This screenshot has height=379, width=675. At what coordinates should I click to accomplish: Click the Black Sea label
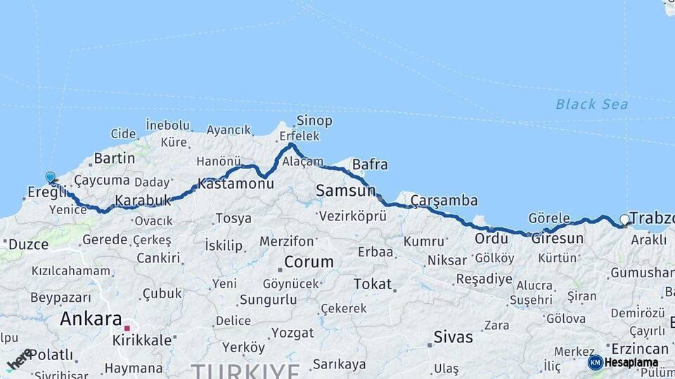click(591, 105)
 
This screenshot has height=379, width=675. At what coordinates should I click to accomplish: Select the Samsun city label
click(345, 190)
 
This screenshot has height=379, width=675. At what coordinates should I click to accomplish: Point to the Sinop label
click(314, 121)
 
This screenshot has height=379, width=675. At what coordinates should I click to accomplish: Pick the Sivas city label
click(453, 337)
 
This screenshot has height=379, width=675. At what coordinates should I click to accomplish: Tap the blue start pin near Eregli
click(51, 178)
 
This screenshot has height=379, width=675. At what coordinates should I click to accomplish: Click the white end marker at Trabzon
click(624, 220)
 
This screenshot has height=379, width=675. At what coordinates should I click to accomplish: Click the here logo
click(19, 359)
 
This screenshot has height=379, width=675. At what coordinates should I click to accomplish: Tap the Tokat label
click(372, 284)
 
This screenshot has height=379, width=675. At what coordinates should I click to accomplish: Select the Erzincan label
click(640, 349)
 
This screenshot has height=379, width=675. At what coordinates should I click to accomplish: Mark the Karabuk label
click(143, 200)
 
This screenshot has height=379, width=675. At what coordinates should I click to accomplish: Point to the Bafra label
click(370, 165)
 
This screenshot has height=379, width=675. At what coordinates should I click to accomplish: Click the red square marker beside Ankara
click(127, 328)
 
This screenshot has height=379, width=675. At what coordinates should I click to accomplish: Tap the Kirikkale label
click(142, 340)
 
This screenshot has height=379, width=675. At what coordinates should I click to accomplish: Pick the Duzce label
click(28, 244)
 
